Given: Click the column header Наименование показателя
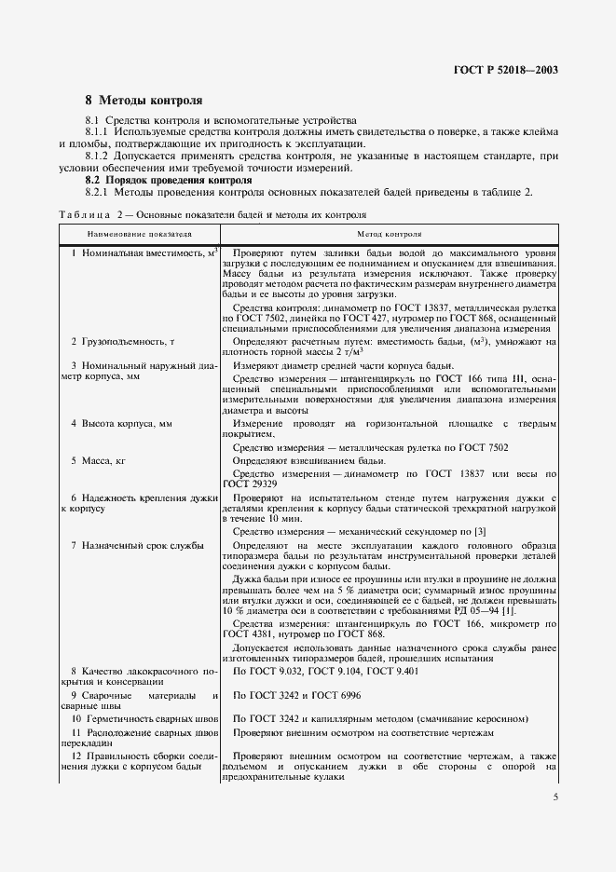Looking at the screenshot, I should tap(140, 235).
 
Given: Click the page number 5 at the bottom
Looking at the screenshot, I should tap(555, 797).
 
